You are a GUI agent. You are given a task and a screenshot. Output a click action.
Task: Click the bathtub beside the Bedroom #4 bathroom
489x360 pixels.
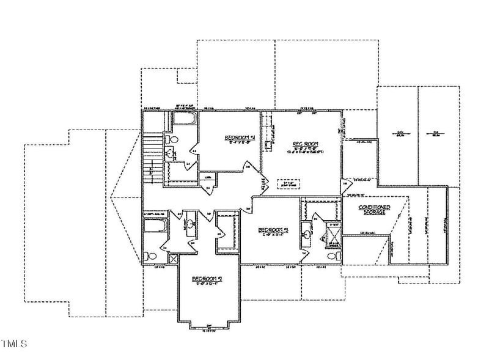(183, 119)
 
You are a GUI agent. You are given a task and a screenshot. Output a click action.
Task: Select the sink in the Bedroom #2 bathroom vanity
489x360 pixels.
(191, 225)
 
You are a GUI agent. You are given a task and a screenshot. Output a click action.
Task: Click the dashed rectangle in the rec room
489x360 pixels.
(285, 183)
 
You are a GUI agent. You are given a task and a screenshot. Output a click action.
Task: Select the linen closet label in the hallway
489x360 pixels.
(208, 178)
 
